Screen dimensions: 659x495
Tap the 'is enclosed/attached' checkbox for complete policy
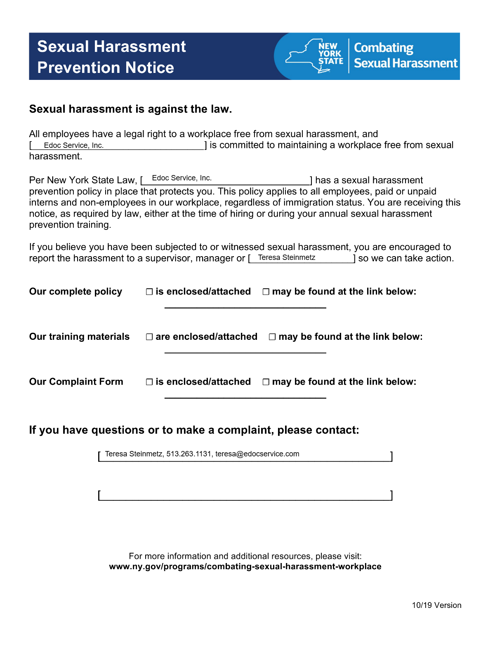[x=149, y=292]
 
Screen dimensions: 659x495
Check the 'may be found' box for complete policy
[x=266, y=292]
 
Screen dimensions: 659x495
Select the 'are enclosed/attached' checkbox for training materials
[x=149, y=337]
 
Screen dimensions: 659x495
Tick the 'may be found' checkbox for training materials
[x=272, y=337]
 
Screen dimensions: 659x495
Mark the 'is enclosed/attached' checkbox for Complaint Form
[x=149, y=382]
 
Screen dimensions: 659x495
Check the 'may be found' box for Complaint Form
[x=266, y=382]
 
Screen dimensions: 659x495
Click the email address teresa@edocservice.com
[x=257, y=454]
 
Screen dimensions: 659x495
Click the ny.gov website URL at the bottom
[x=245, y=567]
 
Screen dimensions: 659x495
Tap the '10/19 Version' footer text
[x=436, y=605]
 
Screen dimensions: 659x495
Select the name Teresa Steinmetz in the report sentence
[x=287, y=258]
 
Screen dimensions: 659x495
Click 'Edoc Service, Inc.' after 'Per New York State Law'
[x=182, y=178]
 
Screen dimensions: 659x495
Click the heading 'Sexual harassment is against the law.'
[x=130, y=109]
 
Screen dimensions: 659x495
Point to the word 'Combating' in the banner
[x=384, y=48]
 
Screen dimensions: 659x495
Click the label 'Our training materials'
[x=79, y=337]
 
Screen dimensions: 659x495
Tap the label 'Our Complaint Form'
[x=76, y=382]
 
